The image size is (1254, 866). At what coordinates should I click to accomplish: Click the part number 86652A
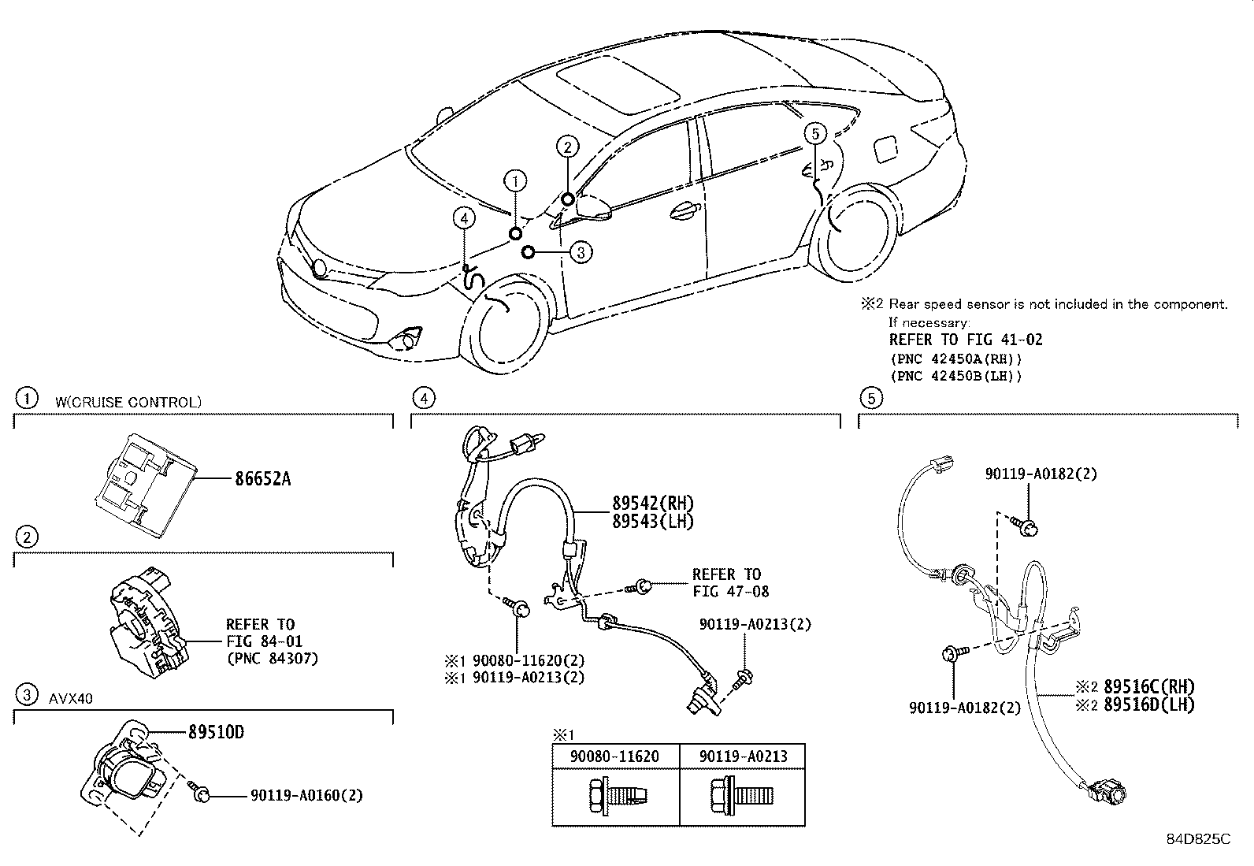[x=262, y=479]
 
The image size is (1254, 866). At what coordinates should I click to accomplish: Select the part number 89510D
[x=216, y=732]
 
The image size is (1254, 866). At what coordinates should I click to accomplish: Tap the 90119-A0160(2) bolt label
[x=306, y=795]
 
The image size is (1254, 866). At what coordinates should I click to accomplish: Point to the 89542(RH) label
[x=653, y=503]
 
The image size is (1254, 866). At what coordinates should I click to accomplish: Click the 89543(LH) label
[x=653, y=522]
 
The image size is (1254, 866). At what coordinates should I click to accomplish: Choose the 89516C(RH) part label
[x=1148, y=687]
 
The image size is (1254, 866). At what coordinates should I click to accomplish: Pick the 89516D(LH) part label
[x=1148, y=704]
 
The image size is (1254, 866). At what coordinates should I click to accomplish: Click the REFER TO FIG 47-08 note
[x=730, y=582]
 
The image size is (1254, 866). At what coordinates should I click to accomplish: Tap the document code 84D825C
[x=1198, y=838]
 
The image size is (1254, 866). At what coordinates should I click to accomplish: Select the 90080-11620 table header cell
[x=614, y=756]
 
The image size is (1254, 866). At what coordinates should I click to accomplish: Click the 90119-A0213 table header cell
[x=743, y=756]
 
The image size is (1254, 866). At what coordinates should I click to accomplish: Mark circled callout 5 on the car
[x=815, y=134]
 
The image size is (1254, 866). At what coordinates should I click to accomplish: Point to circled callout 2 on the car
[x=568, y=147]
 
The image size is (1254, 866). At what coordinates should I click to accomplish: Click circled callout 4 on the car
[x=464, y=218]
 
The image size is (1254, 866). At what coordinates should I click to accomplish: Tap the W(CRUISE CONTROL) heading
[x=128, y=402]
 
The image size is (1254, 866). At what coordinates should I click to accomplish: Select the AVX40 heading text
[x=71, y=698]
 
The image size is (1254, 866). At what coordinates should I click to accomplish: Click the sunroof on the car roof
[x=618, y=84]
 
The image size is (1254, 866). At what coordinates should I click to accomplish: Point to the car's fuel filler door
[x=885, y=149]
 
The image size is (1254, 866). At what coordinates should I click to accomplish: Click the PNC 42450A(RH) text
[x=956, y=359]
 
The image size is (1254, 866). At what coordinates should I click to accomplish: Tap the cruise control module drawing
[x=147, y=485]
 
